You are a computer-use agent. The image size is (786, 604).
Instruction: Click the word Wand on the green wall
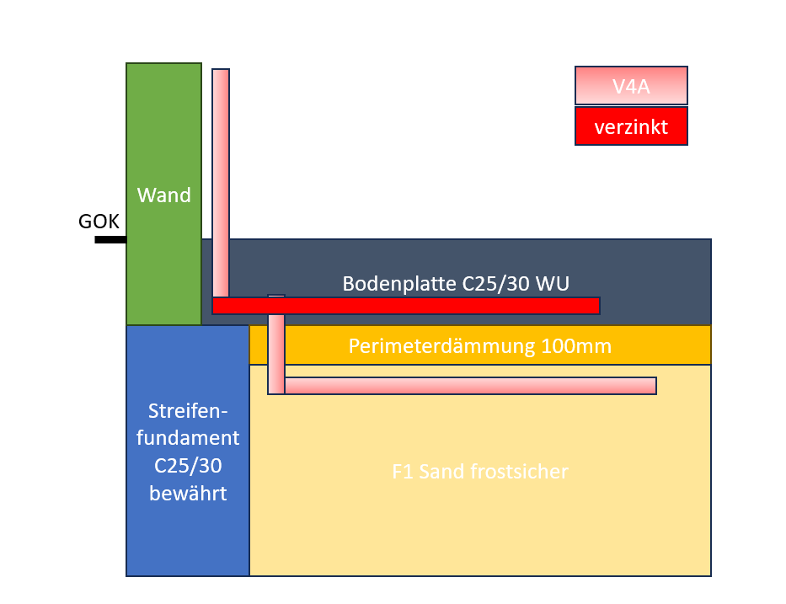coord(164,195)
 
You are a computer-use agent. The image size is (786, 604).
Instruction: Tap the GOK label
coord(99,221)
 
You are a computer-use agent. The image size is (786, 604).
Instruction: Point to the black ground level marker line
coord(110,239)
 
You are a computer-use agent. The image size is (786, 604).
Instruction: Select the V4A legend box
coord(631,86)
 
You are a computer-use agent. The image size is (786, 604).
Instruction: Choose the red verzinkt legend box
coord(631,126)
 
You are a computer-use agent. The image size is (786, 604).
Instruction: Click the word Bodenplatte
coord(399,284)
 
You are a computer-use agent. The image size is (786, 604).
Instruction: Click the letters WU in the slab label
coord(553,284)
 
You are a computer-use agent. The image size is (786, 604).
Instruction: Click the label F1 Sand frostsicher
coord(480,472)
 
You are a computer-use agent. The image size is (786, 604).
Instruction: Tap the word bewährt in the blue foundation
coord(188,494)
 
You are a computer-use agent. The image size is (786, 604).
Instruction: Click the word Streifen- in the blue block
coord(188,411)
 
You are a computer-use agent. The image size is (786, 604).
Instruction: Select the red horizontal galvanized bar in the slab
coord(406,306)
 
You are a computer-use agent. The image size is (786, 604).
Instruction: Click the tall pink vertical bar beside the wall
coord(221,184)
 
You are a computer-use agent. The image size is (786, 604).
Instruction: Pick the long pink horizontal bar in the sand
coord(470,386)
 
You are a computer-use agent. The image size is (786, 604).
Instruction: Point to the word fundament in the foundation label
coord(188,438)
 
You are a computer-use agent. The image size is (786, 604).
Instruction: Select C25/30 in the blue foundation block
coord(188,466)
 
